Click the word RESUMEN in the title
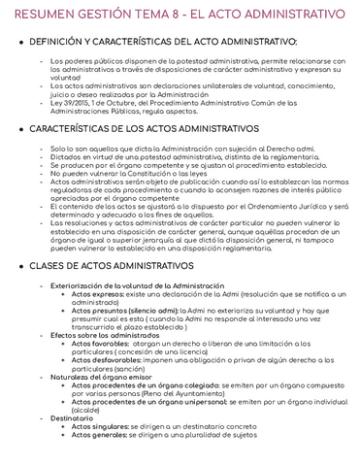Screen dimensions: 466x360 (x=39, y=15)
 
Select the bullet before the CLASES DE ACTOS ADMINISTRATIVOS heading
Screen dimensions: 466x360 (x=22, y=265)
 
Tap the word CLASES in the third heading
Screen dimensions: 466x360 (x=55, y=265)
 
